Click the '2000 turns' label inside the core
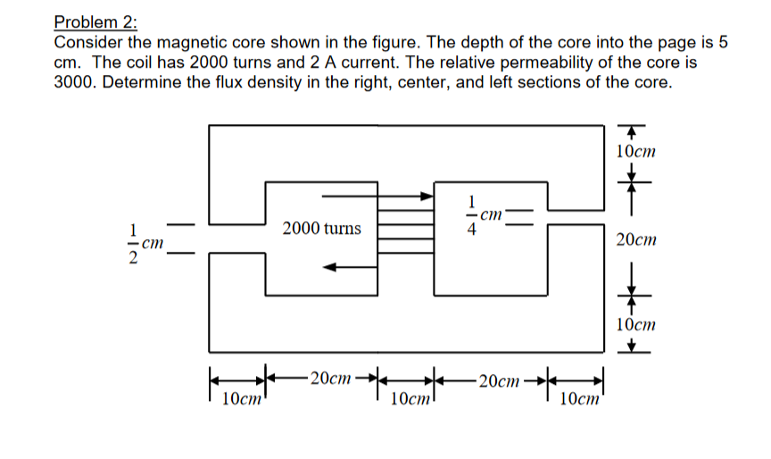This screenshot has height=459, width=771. [321, 229]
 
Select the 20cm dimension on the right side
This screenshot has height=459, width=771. [636, 240]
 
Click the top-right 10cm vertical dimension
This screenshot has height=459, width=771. [636, 151]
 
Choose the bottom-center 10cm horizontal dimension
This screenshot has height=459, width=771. [410, 399]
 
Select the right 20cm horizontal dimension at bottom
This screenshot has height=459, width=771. [497, 380]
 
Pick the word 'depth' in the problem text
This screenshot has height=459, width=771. [505, 43]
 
